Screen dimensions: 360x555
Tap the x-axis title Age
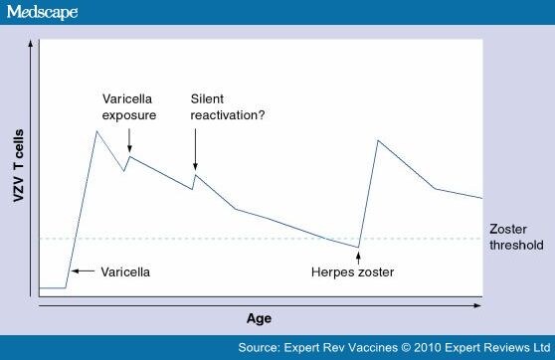(259, 318)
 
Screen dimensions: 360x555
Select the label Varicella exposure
(130, 107)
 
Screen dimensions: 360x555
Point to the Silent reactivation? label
(215, 107)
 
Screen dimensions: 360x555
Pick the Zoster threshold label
(517, 236)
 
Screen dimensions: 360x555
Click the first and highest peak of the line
(95, 130)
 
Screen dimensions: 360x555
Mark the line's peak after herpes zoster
(377, 140)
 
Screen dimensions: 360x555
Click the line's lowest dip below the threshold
(358, 247)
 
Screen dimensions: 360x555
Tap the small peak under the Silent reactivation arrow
(196, 176)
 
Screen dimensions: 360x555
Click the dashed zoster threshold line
(249, 239)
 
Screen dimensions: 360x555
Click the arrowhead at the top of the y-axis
(37, 46)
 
